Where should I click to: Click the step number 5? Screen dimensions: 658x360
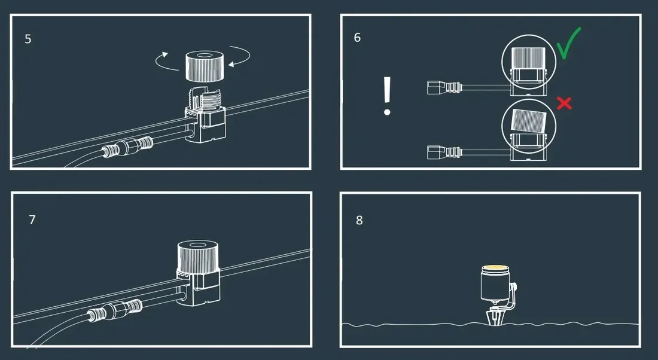coord(28,39)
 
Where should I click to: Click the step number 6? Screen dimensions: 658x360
coord(357,37)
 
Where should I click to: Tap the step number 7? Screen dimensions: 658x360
coord(32,219)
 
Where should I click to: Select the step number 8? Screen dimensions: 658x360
coord(360,220)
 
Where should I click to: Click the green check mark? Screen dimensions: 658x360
coord(568,43)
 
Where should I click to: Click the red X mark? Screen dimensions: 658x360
coord(565,103)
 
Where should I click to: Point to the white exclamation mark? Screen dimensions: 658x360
coord(387,96)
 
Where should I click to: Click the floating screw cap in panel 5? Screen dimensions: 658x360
coord(205,66)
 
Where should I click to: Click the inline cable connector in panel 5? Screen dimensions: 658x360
coord(127,147)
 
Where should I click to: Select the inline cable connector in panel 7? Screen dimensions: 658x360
coord(115,312)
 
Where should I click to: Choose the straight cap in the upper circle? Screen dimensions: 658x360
coord(528,59)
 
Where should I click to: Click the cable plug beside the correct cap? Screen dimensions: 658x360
coord(444,88)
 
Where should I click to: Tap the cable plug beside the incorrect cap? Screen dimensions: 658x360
coord(444,152)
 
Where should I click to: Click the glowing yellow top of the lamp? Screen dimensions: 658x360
coord(495,268)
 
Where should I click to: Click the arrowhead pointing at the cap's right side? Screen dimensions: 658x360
coord(231,64)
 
